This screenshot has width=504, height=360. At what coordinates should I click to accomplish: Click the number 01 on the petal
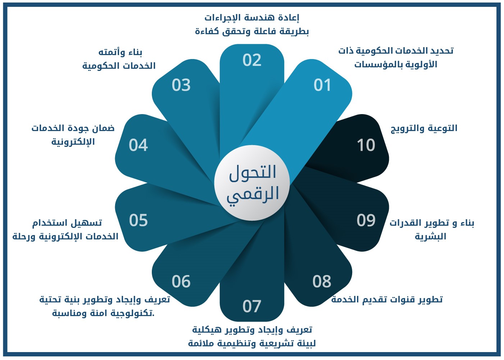coord(322,85)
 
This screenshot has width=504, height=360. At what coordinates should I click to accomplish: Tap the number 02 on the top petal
coord(252,60)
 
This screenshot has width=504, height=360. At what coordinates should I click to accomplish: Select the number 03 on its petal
coord(181,85)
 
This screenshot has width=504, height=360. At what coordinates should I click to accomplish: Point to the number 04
coord(138,145)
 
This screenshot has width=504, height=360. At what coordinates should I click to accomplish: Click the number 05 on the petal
coord(139,220)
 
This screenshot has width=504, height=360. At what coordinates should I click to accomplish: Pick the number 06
coord(181,282)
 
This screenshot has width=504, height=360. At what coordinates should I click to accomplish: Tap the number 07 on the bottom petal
coord(252,306)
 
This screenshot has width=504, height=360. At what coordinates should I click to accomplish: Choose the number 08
coord(322,282)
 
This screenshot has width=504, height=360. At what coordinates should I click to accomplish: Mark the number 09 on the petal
coord(366,220)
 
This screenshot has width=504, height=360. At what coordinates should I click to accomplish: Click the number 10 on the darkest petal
coord(366,145)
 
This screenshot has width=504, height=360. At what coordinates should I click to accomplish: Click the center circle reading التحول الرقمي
coord(252,183)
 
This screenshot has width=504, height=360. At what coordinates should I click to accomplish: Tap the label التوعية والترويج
coord(424,128)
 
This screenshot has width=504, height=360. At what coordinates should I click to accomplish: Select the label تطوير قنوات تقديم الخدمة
coord(387,300)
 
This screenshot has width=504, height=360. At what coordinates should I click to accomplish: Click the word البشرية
coord(430,236)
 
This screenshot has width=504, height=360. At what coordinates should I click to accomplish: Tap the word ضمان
coord(103,128)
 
